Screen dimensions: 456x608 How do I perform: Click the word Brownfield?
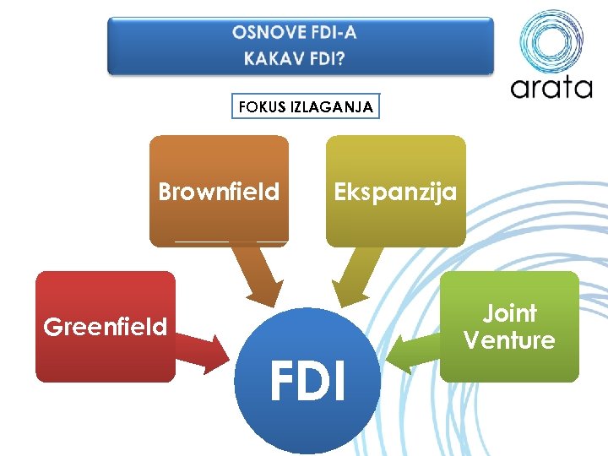[219, 193]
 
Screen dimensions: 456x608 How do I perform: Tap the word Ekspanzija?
[395, 192]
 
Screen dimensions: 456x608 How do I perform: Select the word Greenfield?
[106, 327]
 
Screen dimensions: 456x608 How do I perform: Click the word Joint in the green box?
[509, 313]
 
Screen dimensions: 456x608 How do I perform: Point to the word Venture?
[509, 340]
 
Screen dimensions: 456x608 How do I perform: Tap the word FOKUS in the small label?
[262, 107]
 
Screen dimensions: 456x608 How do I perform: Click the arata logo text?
[551, 88]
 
